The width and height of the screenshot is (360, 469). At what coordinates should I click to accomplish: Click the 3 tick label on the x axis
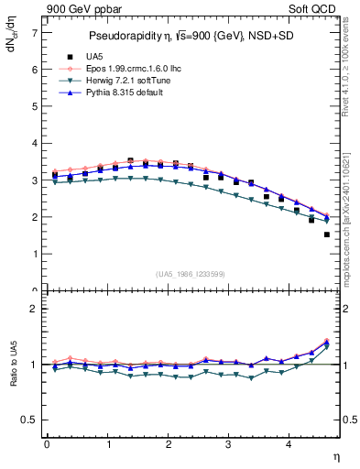[x=228, y=444]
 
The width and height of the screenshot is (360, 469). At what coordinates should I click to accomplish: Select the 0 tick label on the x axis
[x=46, y=444]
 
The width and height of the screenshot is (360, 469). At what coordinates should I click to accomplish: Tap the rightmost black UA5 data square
[x=327, y=234]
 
